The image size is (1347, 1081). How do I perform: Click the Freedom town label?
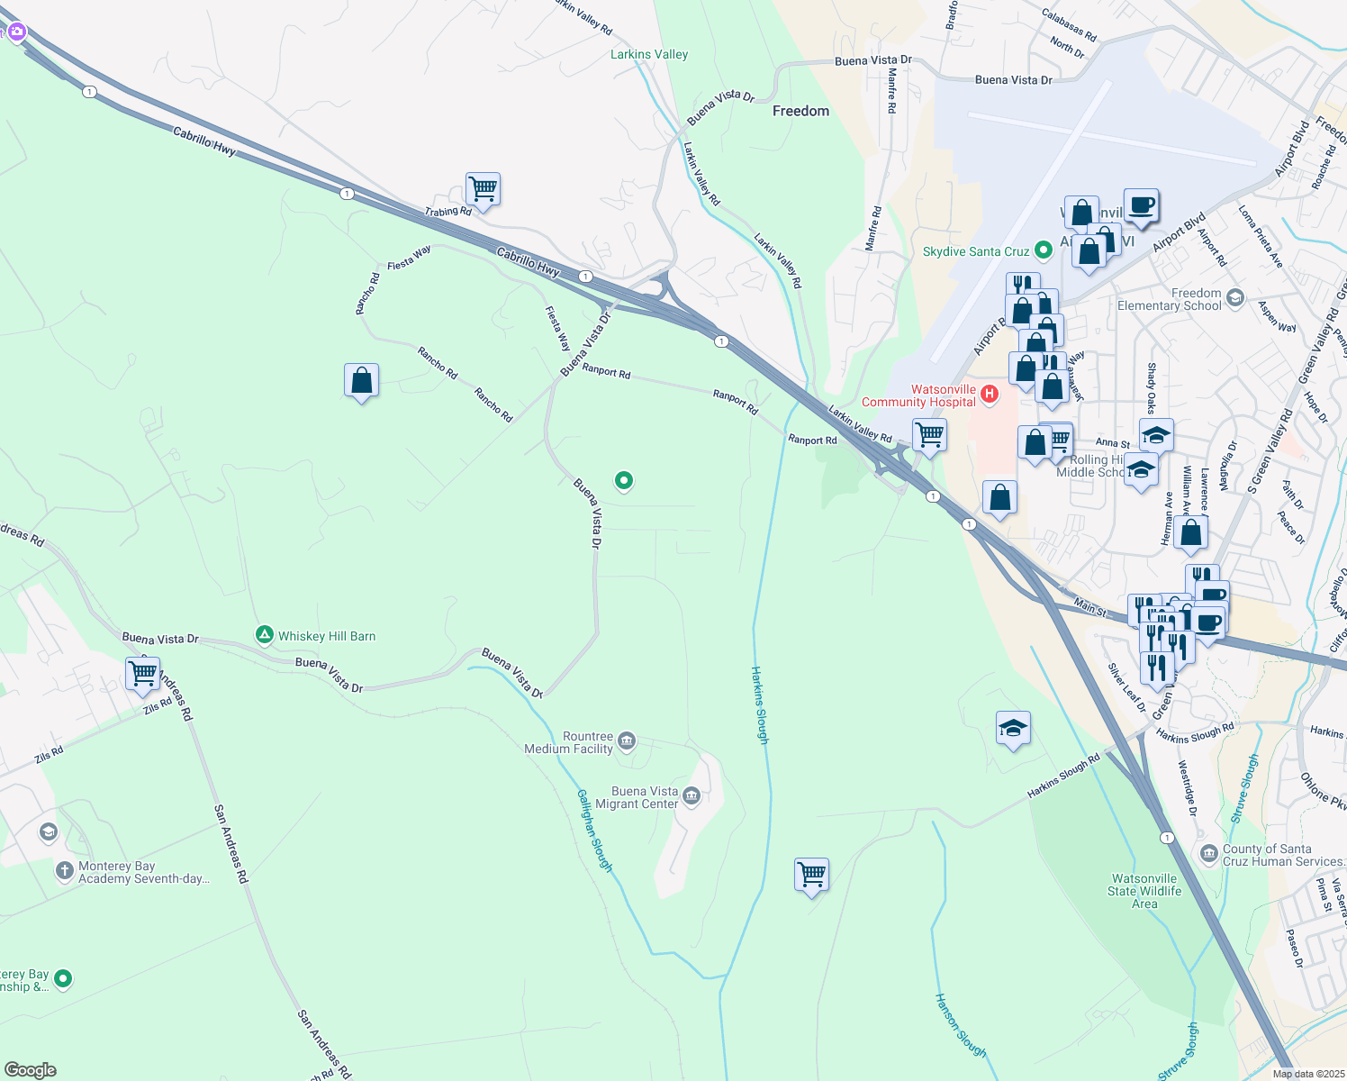pyautogui.click(x=800, y=111)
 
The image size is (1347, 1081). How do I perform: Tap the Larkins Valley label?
pyautogui.click(x=648, y=54)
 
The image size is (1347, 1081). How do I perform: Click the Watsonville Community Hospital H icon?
pyautogui.click(x=990, y=394)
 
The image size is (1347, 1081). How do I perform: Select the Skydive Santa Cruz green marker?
pyautogui.click(x=1044, y=250)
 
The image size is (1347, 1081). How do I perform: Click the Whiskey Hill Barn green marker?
pyautogui.click(x=264, y=635)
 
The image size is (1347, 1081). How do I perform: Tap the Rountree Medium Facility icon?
pyautogui.click(x=627, y=741)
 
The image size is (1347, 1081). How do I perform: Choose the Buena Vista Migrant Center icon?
pyautogui.click(x=692, y=795)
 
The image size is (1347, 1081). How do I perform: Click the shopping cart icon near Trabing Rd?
pyautogui.click(x=483, y=189)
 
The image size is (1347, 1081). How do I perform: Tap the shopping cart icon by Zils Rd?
pyautogui.click(x=143, y=672)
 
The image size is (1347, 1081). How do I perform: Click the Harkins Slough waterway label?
pyautogui.click(x=760, y=704)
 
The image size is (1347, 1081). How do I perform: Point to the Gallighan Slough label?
pyautogui.click(x=594, y=830)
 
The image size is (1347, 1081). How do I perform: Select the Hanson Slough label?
pyautogui.click(x=960, y=1025)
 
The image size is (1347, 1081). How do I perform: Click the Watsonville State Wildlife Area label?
pyautogui.click(x=1144, y=891)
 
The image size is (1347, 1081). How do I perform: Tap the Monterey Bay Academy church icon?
pyautogui.click(x=64, y=870)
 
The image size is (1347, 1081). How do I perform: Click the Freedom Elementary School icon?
pyautogui.click(x=1234, y=297)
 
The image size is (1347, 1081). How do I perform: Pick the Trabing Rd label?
pyautogui.click(x=448, y=212)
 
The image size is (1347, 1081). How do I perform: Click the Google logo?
pyautogui.click(x=30, y=1070)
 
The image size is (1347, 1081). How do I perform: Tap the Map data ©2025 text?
pyautogui.click(x=1307, y=1073)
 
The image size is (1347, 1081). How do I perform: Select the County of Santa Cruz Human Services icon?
pyautogui.click(x=1208, y=853)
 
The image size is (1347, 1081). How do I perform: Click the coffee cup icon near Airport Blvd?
pyautogui.click(x=1140, y=205)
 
